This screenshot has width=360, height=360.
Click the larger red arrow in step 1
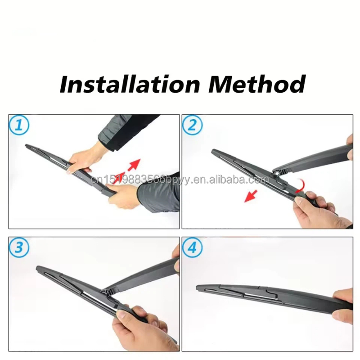133,166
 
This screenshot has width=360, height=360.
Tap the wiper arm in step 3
144,277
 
